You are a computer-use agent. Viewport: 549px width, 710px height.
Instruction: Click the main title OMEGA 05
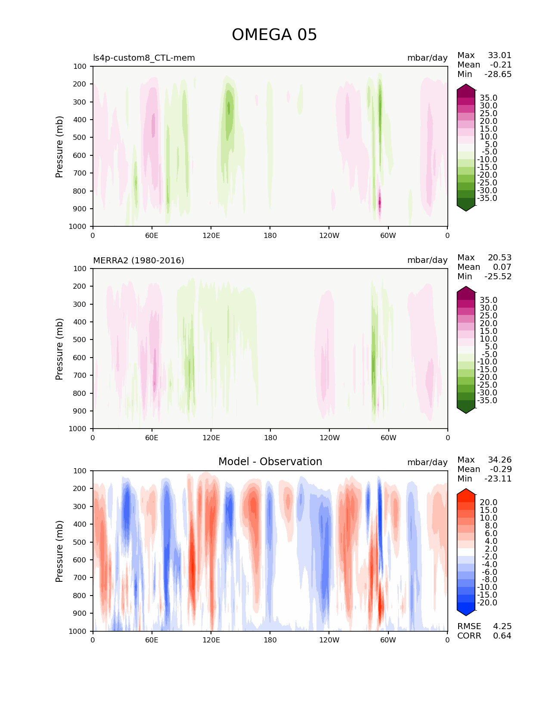[274, 35]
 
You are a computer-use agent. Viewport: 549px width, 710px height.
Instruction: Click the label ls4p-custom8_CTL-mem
[144, 58]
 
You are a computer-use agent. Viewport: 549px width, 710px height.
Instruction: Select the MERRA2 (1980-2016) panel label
[139, 260]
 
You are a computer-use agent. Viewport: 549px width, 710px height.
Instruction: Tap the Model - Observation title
[270, 462]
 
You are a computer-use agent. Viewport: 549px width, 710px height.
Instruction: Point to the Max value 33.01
[499, 56]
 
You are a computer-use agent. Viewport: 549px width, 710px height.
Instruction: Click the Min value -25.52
[498, 277]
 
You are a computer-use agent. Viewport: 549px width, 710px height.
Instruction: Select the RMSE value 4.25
[502, 627]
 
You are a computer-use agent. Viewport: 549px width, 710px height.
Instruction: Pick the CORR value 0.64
[502, 636]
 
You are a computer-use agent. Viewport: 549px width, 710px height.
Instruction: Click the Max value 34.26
[499, 460]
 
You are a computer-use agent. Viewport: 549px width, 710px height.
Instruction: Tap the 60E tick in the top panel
[152, 236]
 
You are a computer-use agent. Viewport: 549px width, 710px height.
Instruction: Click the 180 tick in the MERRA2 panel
[270, 438]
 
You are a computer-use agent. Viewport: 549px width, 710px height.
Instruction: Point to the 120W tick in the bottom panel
[329, 640]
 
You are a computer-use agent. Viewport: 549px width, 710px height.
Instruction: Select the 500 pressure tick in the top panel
[81, 138]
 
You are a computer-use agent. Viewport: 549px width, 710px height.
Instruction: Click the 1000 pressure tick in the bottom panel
[78, 631]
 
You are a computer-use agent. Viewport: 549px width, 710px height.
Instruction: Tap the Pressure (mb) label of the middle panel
[59, 349]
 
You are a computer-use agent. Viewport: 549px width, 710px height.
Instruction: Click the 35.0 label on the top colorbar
[488, 98]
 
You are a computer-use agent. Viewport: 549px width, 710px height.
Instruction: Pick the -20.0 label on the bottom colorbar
[487, 603]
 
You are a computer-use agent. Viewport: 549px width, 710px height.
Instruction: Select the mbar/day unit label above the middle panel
[427, 260]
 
